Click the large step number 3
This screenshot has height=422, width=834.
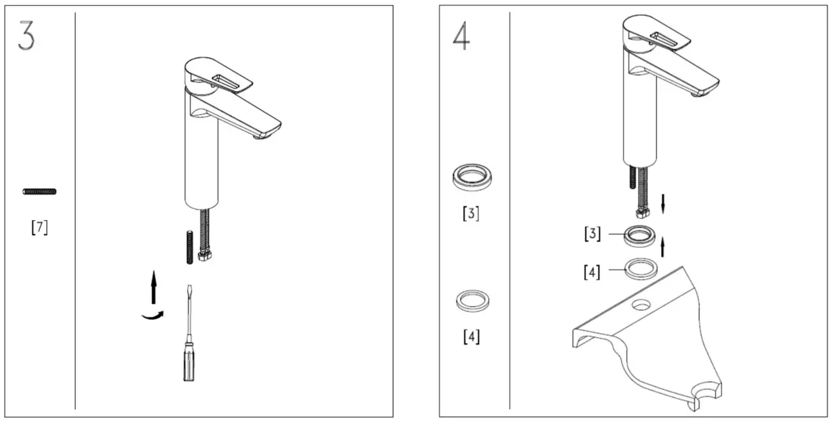[x=26, y=36]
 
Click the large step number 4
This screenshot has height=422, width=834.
[x=461, y=37]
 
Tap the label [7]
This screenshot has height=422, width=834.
[x=39, y=228]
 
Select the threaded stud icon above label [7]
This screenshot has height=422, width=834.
[x=39, y=191]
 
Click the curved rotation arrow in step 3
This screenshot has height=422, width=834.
[x=153, y=314]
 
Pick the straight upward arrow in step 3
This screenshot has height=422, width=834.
[x=153, y=287]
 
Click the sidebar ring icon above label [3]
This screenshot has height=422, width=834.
[x=472, y=177]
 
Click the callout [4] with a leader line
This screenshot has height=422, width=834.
[x=592, y=272]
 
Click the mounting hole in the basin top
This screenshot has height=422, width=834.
[x=640, y=304]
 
